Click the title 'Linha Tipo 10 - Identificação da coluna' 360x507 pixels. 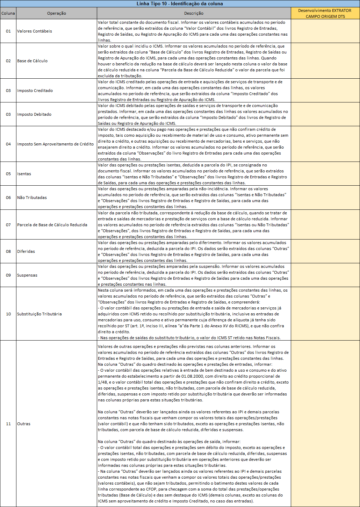(180, 4)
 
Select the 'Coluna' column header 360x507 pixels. (8, 13)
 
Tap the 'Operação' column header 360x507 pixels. (56, 13)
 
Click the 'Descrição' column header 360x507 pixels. (194, 13)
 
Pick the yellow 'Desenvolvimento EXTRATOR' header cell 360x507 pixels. (325, 13)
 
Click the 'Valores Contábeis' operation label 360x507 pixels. (35, 31)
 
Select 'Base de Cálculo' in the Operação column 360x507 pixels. (33, 61)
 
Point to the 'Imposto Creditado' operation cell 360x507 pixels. (35, 91)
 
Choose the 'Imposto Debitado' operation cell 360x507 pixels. (34, 114)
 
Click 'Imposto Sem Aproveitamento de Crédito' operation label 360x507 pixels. (55, 144)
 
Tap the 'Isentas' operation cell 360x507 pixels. (24, 174)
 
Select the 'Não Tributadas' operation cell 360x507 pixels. (32, 198)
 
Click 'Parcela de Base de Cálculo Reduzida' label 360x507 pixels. (52, 225)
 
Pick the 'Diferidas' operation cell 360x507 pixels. (26, 251)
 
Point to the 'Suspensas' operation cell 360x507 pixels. (27, 275)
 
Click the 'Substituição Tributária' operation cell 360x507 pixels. (39, 314)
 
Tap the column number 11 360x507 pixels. (8, 424)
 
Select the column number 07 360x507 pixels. (8, 225)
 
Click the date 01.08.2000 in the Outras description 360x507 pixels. (193, 376)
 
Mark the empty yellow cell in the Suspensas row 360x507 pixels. (325, 275)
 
